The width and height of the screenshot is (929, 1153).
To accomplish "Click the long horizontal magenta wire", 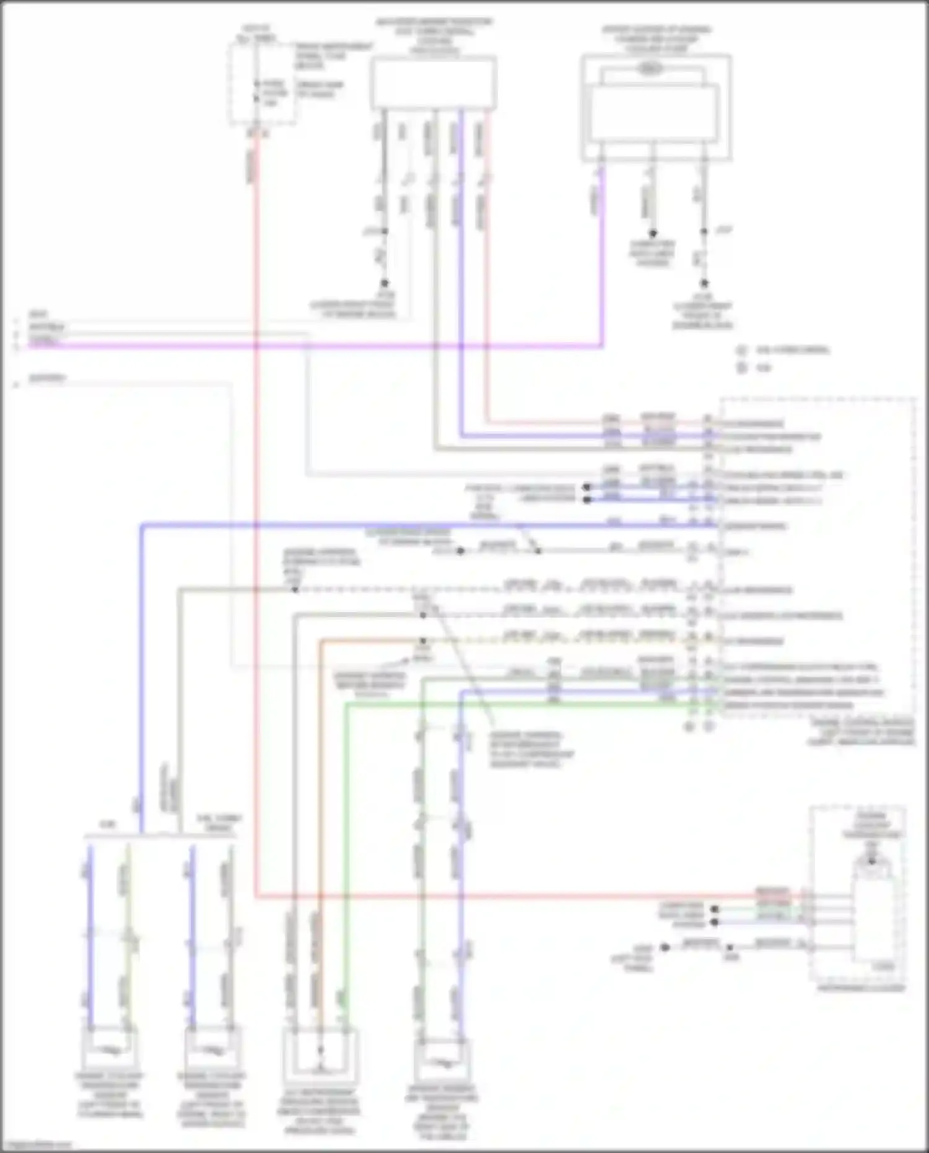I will click(x=372, y=346).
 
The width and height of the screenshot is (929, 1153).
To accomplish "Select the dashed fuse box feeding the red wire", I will click(x=261, y=85).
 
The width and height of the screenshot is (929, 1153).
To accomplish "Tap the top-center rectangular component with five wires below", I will click(x=433, y=83).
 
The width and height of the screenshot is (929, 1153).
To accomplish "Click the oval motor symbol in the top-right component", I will click(x=648, y=69).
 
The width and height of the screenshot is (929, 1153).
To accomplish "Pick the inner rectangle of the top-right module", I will click(x=654, y=112).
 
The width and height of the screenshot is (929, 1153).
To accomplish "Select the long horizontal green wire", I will click(x=526, y=705).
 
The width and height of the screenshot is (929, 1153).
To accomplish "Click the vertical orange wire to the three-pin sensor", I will click(x=320, y=805).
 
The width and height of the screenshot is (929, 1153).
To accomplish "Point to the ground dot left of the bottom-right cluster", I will click(x=665, y=947).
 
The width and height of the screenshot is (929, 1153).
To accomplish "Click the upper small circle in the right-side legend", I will click(x=741, y=350).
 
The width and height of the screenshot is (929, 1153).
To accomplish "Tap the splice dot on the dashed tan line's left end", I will click(x=295, y=589).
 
